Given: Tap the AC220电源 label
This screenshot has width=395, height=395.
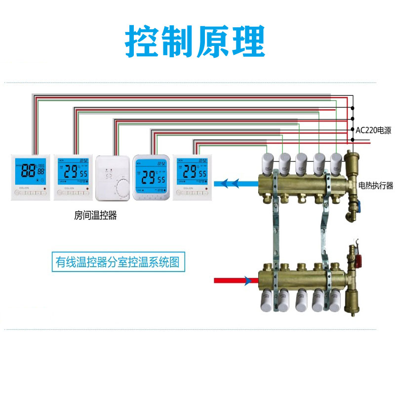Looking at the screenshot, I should (373, 131).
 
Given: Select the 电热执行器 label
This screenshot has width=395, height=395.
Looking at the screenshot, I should (375, 186).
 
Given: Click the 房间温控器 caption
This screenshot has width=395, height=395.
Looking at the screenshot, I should (95, 216).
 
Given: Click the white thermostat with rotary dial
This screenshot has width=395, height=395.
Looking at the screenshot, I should (113, 177).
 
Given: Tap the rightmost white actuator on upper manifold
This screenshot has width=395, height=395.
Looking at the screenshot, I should (336, 160).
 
